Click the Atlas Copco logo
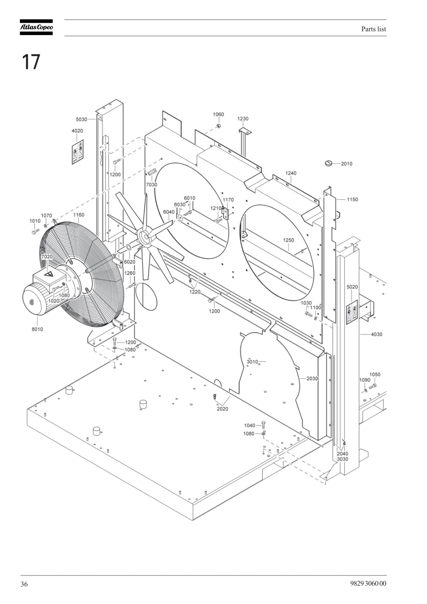coord(36,27)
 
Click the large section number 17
coord(31,62)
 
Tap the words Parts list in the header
coord(374,29)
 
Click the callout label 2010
coord(347,164)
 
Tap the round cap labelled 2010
coord(328,163)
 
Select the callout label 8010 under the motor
coord(37,329)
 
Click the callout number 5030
coord(82,119)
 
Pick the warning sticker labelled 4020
coord(77,152)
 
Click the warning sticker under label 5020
coord(352,312)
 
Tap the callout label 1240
coord(291,173)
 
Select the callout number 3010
coord(253,362)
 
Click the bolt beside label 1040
coord(264,425)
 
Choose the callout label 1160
coord(79,215)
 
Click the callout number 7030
coord(152,185)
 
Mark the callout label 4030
coord(376,334)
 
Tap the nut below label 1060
coord(219,126)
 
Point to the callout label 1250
coord(288,240)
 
